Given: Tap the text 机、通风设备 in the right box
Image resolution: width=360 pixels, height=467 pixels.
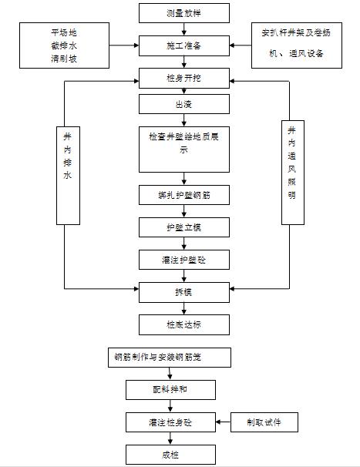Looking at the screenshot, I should point(292,54).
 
